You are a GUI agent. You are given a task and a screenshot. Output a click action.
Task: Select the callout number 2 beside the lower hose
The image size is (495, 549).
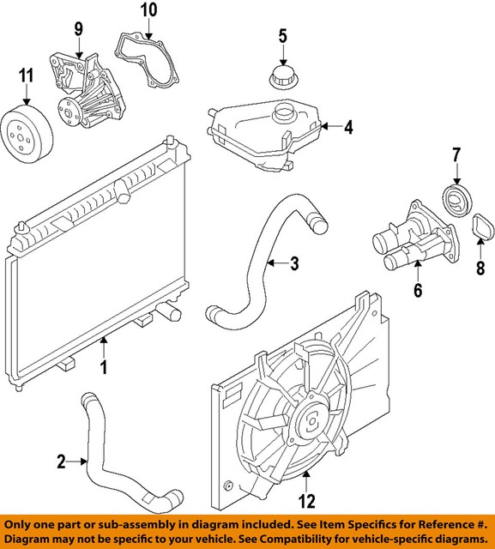pos(61,462)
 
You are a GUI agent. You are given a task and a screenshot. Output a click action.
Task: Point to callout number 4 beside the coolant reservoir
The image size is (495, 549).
pos(348,129)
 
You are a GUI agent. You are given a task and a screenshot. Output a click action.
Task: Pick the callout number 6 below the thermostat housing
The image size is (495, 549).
pos(418,291)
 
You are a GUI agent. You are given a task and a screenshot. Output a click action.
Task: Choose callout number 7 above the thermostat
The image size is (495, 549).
pos(456,155)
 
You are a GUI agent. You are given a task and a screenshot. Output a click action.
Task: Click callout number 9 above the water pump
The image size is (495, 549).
pos(78,30)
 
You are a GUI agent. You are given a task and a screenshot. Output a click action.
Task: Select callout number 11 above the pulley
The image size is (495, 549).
pos(26,76)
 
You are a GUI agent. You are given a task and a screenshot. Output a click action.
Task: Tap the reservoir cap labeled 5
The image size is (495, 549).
pos(281,76)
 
